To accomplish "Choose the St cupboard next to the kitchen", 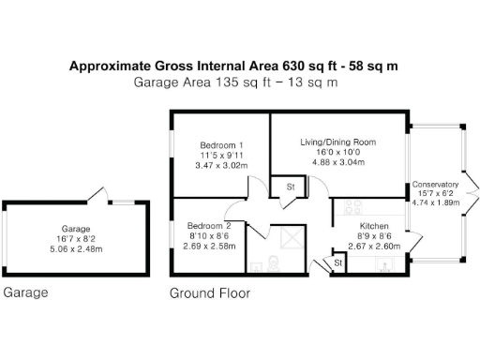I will click(x=337, y=265).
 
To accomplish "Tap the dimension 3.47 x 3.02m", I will click(x=219, y=165).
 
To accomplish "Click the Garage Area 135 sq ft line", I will click(x=235, y=82).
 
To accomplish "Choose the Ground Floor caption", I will click(x=209, y=292).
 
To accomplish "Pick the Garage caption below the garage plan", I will click(x=25, y=292).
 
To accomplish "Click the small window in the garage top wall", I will click(x=122, y=201).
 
